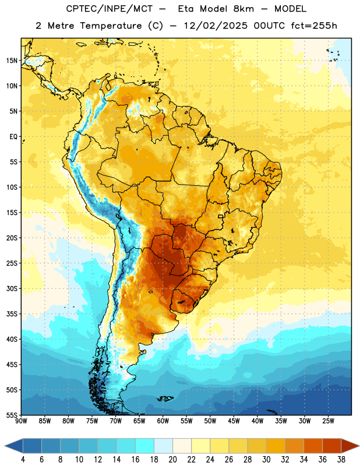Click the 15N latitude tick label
pos(12,61)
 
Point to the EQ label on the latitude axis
pos(13,137)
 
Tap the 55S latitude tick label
pos(12,415)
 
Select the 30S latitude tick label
pos(12,288)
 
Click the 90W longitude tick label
pos(21,421)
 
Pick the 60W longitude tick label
pos(163,421)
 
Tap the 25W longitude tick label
pos(328,421)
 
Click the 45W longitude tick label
pos(234,421)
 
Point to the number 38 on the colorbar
pos(341,460)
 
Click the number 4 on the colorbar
pos(23,460)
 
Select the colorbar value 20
pos(172,460)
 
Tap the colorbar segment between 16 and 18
pos(145,446)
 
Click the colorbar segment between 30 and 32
pos(276,446)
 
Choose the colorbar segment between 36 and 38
pos(332,446)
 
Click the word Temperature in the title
pos(111,26)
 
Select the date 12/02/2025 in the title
pos(216,26)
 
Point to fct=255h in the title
pos(314,26)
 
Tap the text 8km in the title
pos(243,9)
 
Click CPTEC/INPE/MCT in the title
pos(109,9)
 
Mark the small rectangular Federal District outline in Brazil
pos(221,216)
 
